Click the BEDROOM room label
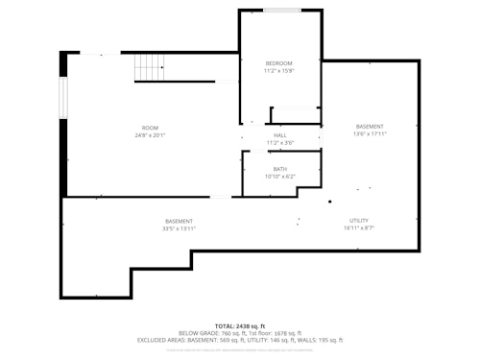(279, 62)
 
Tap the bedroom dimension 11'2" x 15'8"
(279, 71)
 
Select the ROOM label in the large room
(150, 128)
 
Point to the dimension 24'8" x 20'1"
(150, 135)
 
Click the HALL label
(279, 135)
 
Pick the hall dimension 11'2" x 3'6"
(279, 143)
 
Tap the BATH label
(279, 169)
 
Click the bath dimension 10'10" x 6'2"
(279, 177)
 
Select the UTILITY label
(358, 220)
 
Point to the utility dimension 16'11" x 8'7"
(358, 228)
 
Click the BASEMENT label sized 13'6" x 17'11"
(370, 127)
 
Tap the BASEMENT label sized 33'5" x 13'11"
(179, 221)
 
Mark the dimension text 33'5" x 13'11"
(179, 228)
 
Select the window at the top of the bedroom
(281, 11)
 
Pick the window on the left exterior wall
(63, 99)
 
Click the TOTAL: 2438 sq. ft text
(240, 326)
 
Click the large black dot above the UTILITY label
(330, 202)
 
